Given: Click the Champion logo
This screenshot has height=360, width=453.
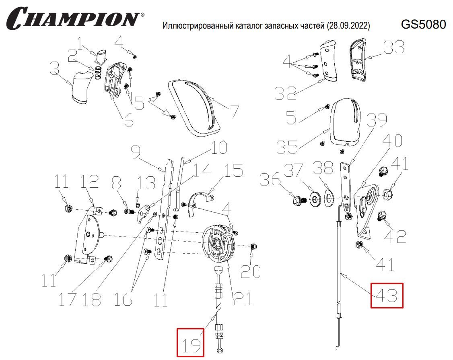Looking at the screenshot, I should tap(74, 18).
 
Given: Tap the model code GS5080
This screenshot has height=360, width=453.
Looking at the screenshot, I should tap(423, 25).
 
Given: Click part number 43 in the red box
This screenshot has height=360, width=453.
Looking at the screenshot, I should tap(387, 296).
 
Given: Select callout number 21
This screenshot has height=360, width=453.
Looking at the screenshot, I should tap(242, 298).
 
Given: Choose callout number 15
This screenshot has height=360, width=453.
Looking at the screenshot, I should tap(233, 172).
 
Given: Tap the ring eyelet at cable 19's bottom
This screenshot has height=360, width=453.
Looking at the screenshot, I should tap(219, 351).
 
